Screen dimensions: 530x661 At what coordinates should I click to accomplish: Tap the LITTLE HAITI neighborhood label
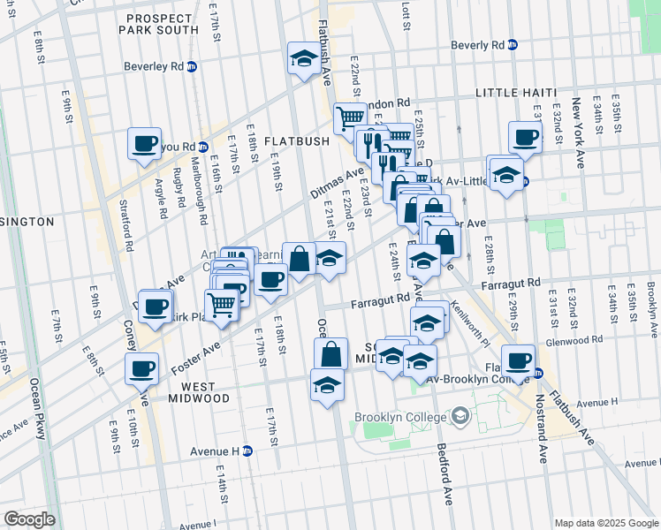[x=516, y=93]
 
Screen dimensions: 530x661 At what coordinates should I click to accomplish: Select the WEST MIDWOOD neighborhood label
[x=193, y=392]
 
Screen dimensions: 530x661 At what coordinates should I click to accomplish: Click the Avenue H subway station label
[x=221, y=450]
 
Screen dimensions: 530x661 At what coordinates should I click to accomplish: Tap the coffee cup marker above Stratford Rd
[x=144, y=143]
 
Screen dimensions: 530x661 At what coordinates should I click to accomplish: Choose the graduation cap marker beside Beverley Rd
[x=303, y=59]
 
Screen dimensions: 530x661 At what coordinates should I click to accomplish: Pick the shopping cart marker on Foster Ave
[x=221, y=305]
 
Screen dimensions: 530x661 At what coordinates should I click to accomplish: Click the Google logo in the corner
[x=29, y=519]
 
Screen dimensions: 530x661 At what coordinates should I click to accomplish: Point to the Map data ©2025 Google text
[x=604, y=523]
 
